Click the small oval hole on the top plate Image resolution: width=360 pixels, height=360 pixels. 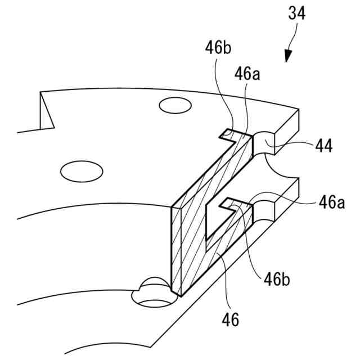[174, 105]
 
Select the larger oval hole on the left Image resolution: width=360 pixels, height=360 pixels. [83, 170]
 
